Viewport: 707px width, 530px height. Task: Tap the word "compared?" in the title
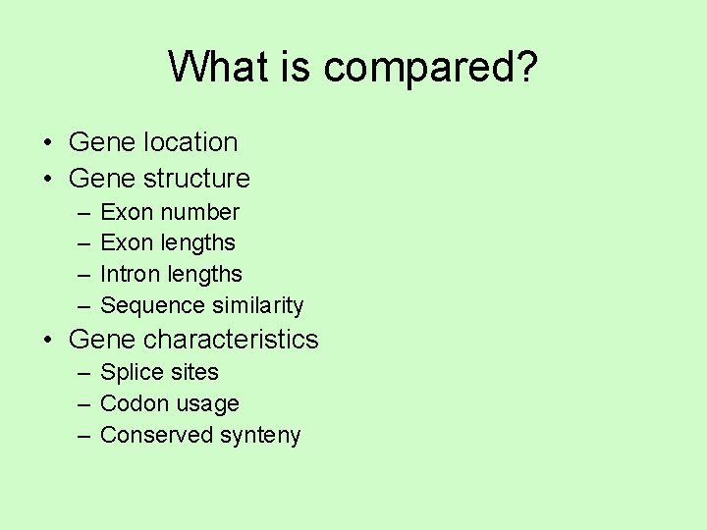pos(430,69)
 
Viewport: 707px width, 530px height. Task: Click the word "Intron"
pos(130,274)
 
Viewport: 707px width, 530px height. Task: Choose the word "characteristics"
pos(231,340)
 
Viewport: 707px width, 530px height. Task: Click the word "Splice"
pos(130,373)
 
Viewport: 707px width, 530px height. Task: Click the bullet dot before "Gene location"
pos(47,143)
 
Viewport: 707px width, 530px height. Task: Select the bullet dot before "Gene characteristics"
pos(47,341)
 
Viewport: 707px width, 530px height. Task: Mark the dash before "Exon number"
pos(83,213)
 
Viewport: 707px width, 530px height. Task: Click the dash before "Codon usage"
pos(83,404)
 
